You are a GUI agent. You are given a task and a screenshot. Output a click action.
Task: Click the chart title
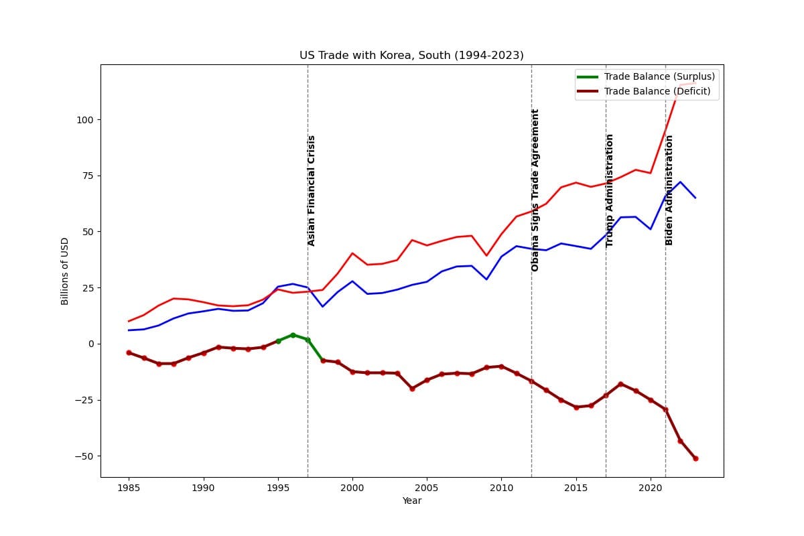(411, 56)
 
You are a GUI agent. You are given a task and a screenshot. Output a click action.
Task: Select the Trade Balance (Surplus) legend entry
(646, 76)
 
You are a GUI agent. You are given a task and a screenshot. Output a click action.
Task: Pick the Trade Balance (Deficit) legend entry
(644, 91)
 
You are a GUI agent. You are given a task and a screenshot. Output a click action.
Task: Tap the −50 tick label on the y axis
(84, 456)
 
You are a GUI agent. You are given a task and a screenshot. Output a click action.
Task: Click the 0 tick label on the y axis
(91, 344)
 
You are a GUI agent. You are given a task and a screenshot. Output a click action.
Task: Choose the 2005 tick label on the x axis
(427, 488)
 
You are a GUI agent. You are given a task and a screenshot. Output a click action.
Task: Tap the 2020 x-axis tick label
(650, 488)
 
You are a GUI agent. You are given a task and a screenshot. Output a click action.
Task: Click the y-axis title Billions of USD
(64, 271)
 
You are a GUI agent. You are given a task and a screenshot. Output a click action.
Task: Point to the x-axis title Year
(411, 500)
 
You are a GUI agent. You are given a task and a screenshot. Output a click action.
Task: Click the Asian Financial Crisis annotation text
(311, 191)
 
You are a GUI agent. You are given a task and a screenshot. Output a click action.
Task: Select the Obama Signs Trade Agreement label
(535, 190)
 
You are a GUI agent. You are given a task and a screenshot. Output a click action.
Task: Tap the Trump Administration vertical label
(609, 191)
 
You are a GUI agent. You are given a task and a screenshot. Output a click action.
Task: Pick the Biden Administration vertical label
(669, 190)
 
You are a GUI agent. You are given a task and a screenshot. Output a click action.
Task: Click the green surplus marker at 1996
(293, 335)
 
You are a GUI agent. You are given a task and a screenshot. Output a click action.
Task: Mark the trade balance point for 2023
(695, 458)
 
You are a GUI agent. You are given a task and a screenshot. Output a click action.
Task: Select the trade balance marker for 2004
(412, 389)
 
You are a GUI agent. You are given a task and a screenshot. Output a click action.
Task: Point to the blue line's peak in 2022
(680, 182)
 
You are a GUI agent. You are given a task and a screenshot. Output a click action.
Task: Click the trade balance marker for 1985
(129, 352)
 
